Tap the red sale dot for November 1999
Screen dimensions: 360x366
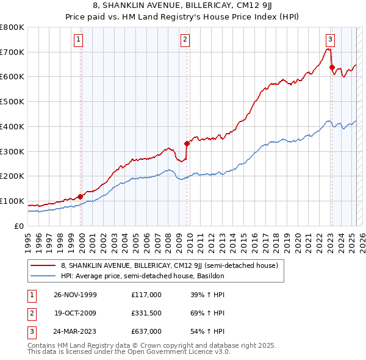pyautogui.click(x=81, y=196)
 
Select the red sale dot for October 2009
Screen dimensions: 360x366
pyautogui.click(x=187, y=143)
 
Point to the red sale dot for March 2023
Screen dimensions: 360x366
pyautogui.click(x=332, y=67)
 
